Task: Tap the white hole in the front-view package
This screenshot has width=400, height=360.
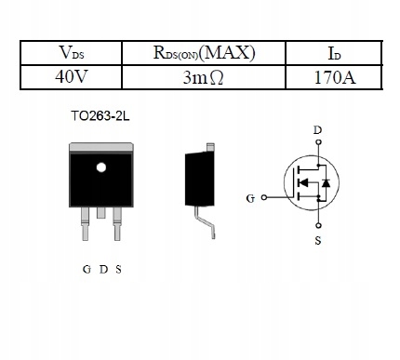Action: click(101, 168)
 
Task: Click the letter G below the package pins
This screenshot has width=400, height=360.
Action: click(87, 270)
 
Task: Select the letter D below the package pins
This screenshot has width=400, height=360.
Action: click(102, 270)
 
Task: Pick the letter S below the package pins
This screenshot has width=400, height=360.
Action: click(118, 270)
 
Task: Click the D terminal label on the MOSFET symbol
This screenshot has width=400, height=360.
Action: click(318, 130)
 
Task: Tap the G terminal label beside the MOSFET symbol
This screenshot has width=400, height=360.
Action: click(249, 198)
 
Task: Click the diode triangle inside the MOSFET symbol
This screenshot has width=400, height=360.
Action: click(326, 184)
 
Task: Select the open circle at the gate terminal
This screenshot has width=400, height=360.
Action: click(264, 198)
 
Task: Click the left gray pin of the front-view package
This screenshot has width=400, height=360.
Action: click(86, 216)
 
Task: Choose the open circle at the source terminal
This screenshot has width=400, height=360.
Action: click(318, 225)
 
